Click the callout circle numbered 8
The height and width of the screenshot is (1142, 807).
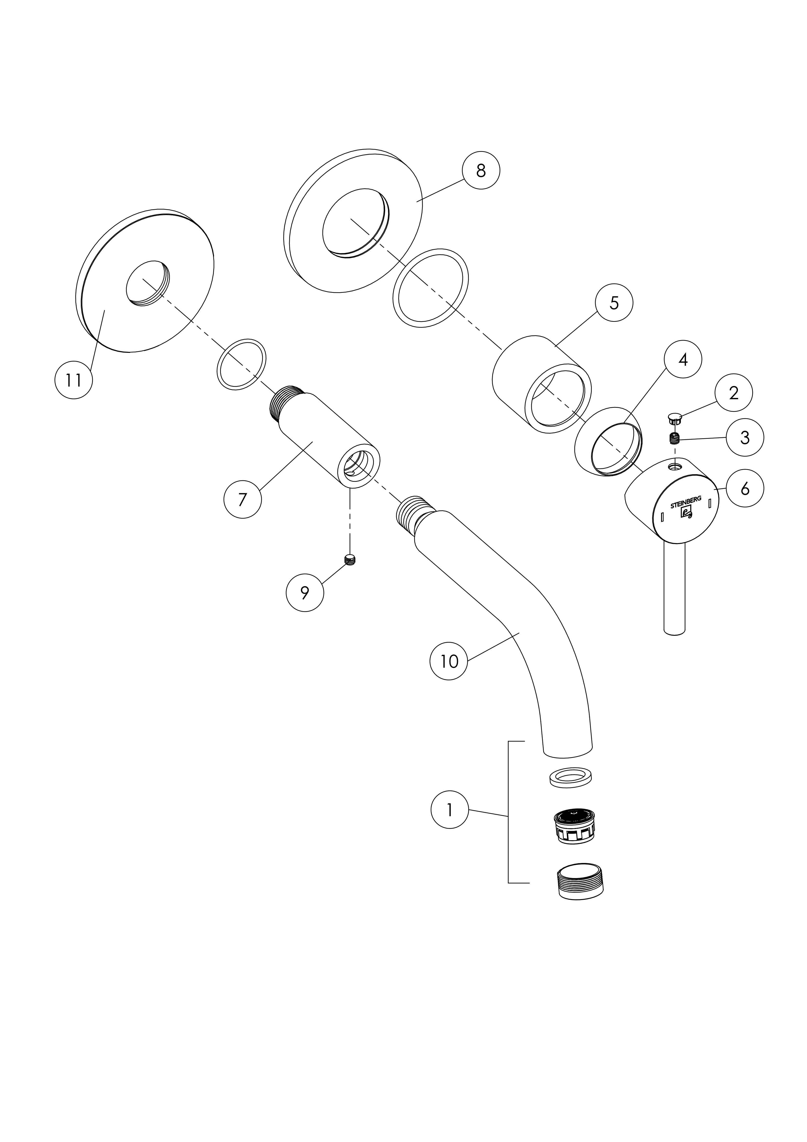481,171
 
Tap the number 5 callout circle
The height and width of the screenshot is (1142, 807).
614,303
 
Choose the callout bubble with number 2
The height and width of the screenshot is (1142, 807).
734,393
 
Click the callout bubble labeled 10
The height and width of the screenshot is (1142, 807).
449,661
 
